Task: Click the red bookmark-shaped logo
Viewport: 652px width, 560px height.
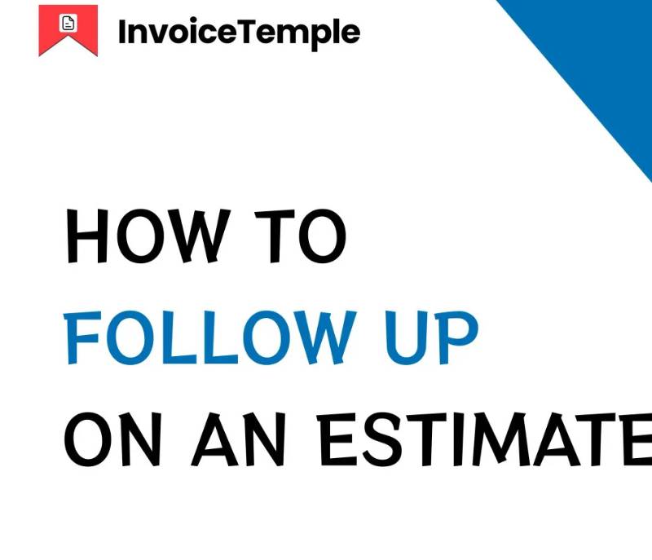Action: pyautogui.click(x=68, y=30)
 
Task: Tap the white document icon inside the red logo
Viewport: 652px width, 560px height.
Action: pyautogui.click(x=68, y=23)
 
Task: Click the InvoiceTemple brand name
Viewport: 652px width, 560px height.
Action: pyautogui.click(x=239, y=33)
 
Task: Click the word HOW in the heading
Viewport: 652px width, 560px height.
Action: pyautogui.click(x=148, y=236)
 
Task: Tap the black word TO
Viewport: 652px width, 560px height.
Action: pyautogui.click(x=300, y=236)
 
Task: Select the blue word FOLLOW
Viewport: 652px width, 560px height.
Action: pyautogui.click(x=210, y=337)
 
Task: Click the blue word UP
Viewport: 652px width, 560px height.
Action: pyautogui.click(x=432, y=337)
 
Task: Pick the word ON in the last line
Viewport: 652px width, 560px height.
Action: pyautogui.click(x=112, y=439)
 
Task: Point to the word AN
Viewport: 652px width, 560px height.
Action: pyautogui.click(x=238, y=439)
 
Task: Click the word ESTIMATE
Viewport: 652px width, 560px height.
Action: pyautogui.click(x=484, y=439)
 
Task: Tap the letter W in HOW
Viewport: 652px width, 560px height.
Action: pyautogui.click(x=201, y=236)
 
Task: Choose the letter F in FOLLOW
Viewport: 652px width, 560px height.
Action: pyautogui.click(x=82, y=337)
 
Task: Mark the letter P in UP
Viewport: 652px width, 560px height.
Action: pyautogui.click(x=460, y=337)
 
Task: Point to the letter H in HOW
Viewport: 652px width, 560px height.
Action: pyautogui.click(x=87, y=236)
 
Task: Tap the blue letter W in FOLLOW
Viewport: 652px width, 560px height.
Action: pyautogui.click(x=328, y=337)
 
